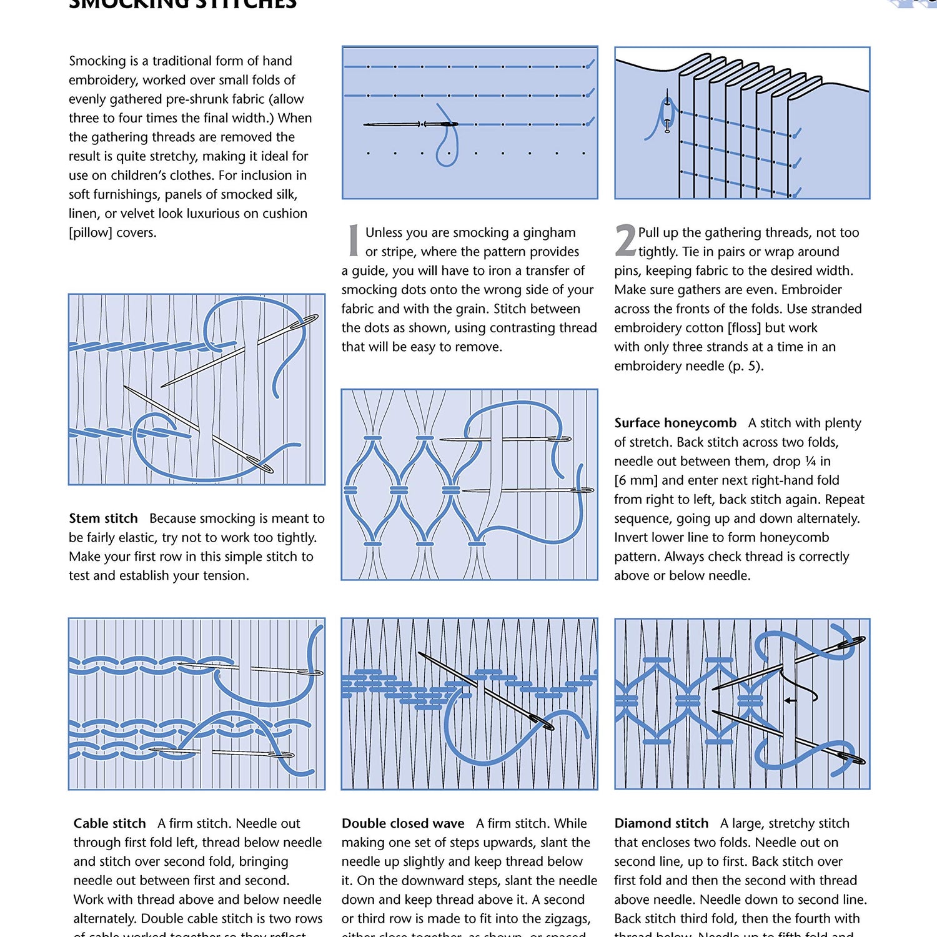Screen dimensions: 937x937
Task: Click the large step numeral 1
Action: coord(354,240)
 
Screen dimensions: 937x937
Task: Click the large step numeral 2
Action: coord(625,240)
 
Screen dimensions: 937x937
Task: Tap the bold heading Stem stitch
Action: coord(103,518)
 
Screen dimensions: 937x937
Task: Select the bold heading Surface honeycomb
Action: coord(675,423)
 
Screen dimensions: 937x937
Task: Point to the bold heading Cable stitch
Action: coord(110,823)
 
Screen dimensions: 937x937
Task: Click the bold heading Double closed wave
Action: coord(403,823)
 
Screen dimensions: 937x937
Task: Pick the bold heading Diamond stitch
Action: coord(662,823)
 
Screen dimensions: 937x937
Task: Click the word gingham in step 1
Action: coord(549,232)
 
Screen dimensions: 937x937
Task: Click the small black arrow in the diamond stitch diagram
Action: coord(791,700)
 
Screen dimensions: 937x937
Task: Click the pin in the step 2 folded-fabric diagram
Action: coord(668,112)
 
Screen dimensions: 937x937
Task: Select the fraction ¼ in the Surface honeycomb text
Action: coord(810,461)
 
